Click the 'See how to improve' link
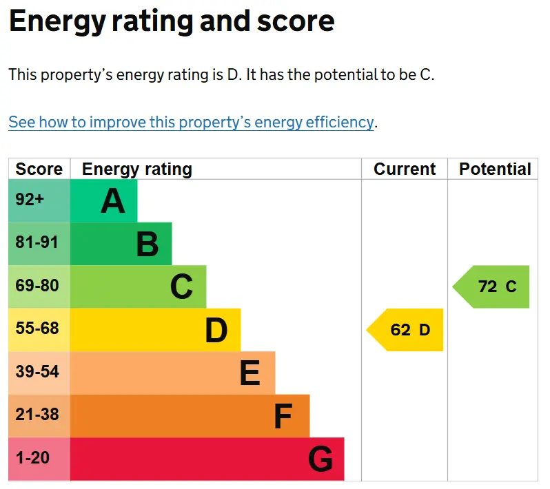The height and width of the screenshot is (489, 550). pos(191,123)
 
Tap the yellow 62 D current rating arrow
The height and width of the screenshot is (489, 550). pos(405,330)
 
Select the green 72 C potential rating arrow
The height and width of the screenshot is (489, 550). pos(491,287)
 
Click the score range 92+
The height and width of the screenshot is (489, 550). pos(30,200)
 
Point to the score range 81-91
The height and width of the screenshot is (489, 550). pos(37,242)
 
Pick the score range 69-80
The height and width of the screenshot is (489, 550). pos(37,285)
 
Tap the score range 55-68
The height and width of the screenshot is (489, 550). pos(37,329)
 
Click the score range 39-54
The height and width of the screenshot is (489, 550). pos(37,371)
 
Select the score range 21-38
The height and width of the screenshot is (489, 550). pos(37,415)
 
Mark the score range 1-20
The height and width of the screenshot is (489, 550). pos(32,458)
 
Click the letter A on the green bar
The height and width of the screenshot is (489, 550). pos(112,201)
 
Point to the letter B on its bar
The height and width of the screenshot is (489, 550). pos(147,244)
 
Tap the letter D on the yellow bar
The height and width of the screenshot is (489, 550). pos(216,330)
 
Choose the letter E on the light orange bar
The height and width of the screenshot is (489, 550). pos(250,373)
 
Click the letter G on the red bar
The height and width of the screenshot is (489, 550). pos(320,459)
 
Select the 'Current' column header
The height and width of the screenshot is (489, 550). pos(405,169)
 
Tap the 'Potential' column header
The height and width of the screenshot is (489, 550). pos(496,169)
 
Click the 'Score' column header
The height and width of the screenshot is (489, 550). pos(39,169)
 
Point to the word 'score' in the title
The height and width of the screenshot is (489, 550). pos(296,21)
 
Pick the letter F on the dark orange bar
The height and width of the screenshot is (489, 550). pos(283,417)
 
